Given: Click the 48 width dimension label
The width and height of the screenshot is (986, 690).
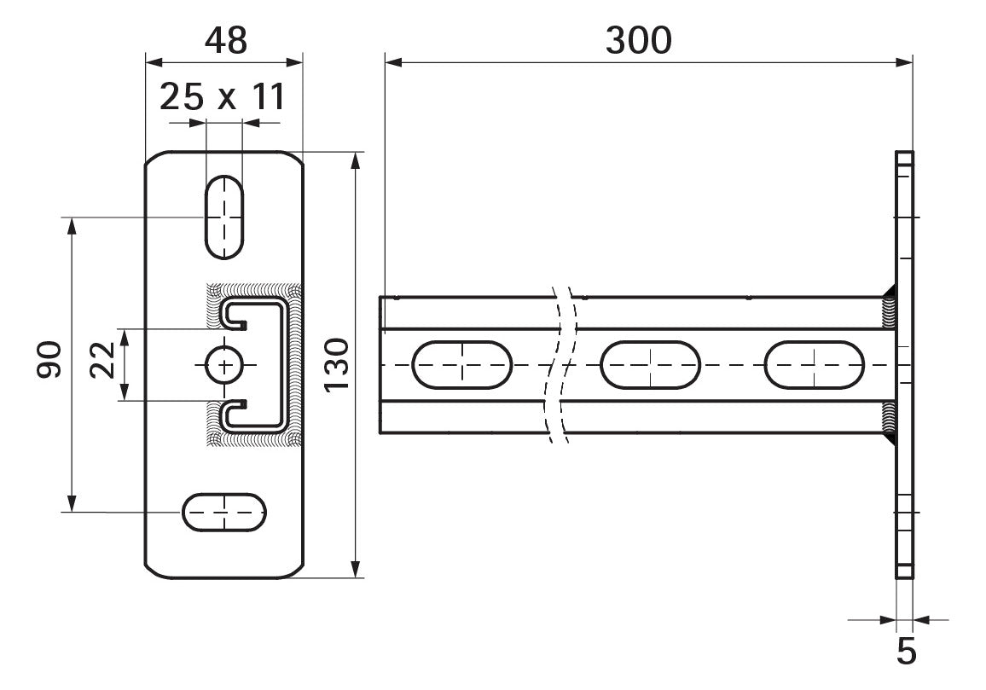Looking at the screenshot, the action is click(226, 41).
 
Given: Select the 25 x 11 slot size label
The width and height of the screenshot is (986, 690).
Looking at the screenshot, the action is click(223, 97).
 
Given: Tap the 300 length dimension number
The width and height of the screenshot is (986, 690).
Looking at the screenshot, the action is click(638, 41).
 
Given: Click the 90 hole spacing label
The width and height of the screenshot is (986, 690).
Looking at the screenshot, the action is click(49, 359).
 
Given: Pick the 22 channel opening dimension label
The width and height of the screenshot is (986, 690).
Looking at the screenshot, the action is click(103, 359).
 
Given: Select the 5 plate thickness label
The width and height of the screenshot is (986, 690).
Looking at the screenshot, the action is click(906, 652).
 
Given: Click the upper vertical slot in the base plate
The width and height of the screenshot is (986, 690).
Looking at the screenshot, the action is click(223, 217).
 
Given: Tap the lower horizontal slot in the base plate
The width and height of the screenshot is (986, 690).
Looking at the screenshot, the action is click(223, 512).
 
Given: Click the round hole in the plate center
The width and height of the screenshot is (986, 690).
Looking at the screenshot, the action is click(223, 365).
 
